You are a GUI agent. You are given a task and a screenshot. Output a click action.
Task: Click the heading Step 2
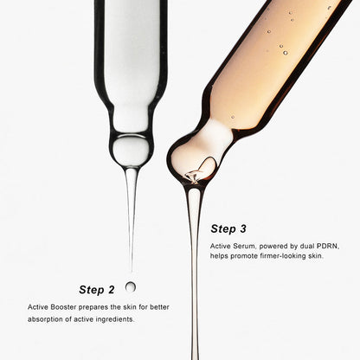pyautogui.click(x=97, y=290)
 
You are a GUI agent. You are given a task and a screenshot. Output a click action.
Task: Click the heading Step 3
pyautogui.click(x=228, y=228)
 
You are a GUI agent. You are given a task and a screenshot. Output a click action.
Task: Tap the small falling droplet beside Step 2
pyautogui.click(x=131, y=286)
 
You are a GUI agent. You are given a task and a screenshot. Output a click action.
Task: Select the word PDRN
pyautogui.click(x=328, y=246)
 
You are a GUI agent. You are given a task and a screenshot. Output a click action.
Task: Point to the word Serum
pyautogui.click(x=245, y=246)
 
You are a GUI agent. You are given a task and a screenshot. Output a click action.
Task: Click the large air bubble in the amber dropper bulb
pyautogui.click(x=207, y=165)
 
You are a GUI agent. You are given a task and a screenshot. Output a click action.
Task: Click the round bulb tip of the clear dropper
pyautogui.click(x=131, y=151)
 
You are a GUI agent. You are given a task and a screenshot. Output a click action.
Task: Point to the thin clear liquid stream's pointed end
pyautogui.click(x=132, y=272)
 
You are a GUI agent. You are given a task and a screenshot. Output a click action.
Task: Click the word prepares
pyautogui.click(x=93, y=307)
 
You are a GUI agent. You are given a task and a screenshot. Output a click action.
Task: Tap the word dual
pyautogui.click(x=307, y=246)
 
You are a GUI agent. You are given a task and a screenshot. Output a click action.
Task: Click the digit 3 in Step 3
pyautogui.click(x=243, y=228)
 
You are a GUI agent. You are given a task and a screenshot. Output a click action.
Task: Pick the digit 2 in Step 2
pyautogui.click(x=111, y=290)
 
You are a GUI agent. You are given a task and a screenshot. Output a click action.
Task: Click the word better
pyautogui.click(x=159, y=307)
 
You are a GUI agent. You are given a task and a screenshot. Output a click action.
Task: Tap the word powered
pyautogui.click(x=279, y=247)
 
